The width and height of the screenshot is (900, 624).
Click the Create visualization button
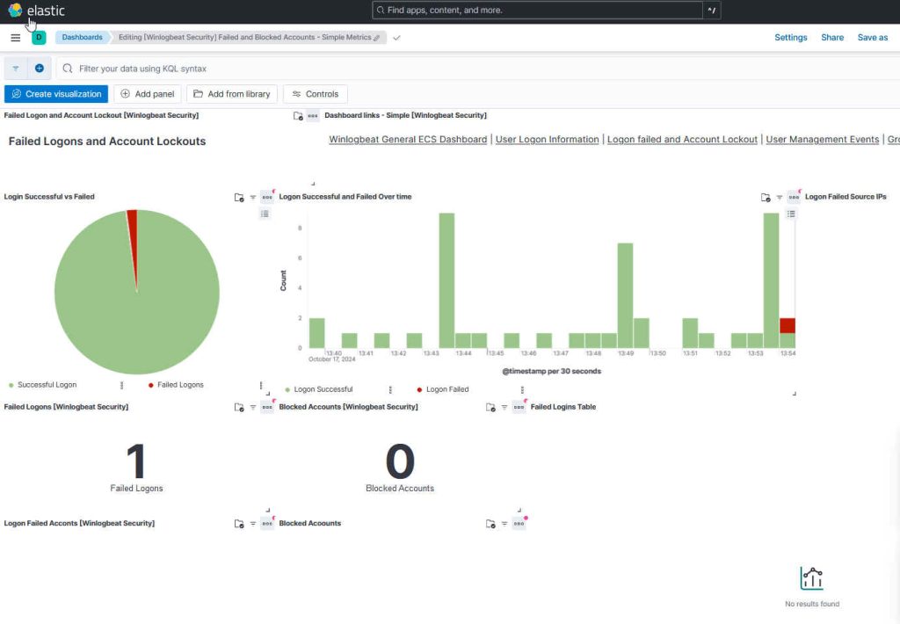pyautogui.click(x=55, y=94)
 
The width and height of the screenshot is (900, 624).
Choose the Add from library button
pyautogui.click(x=232, y=94)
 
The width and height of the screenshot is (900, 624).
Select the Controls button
pyautogui.click(x=316, y=94)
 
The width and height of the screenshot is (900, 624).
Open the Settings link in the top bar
pyautogui.click(x=790, y=38)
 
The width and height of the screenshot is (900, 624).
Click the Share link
pyautogui.click(x=831, y=38)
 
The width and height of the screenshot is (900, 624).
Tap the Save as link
pyautogui.click(x=872, y=38)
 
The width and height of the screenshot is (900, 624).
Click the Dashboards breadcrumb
pyautogui.click(x=82, y=38)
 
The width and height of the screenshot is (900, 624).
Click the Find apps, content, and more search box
pyautogui.click(x=538, y=11)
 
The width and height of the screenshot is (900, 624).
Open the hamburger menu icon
pyautogui.click(x=15, y=38)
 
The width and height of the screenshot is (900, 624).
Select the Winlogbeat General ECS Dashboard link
pyautogui.click(x=408, y=140)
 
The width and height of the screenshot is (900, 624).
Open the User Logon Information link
pyautogui.click(x=548, y=140)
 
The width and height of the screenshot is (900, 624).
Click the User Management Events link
pyautogui.click(x=822, y=140)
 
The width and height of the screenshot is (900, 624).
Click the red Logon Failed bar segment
pyautogui.click(x=787, y=325)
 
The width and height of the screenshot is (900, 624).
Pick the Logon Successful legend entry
pyautogui.click(x=323, y=389)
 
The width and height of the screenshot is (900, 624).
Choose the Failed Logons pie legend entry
pyautogui.click(x=180, y=385)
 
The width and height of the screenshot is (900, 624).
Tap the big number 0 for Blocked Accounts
pyautogui.click(x=400, y=461)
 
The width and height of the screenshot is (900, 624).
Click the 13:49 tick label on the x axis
pyautogui.click(x=626, y=353)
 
